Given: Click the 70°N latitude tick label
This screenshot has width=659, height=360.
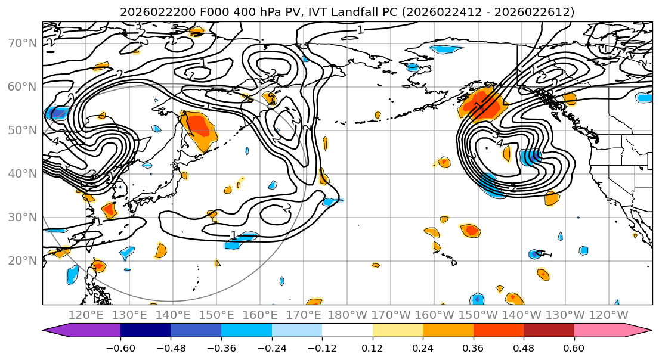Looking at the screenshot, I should pos(21,43).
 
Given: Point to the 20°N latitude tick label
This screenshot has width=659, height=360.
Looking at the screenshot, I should pos(21,260).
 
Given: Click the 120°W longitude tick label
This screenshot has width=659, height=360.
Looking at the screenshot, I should pos(608,315).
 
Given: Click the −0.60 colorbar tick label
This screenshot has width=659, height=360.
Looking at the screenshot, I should pos(120,347).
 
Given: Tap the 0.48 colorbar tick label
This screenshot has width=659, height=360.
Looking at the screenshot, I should pos(524,347).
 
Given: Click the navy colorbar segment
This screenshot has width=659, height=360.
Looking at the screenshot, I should pos(146,331).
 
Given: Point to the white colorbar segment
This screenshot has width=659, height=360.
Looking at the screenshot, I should pos(347,331).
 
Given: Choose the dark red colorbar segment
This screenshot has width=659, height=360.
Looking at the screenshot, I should pos(549,331).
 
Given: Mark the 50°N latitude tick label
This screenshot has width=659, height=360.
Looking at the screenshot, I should pos(21,130).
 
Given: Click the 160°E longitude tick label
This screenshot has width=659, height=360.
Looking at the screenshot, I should pos(260,315).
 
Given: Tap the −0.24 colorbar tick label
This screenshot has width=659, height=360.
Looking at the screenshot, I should pos(271,347).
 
